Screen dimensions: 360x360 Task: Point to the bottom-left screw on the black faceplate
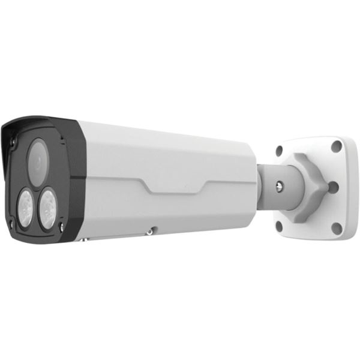click(10, 224)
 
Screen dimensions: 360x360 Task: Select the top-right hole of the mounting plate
click(337, 146)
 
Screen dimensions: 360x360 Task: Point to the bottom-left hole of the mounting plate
click(278, 225)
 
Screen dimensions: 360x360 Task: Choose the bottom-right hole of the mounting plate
click(337, 228)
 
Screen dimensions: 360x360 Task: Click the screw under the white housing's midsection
click(153, 229)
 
